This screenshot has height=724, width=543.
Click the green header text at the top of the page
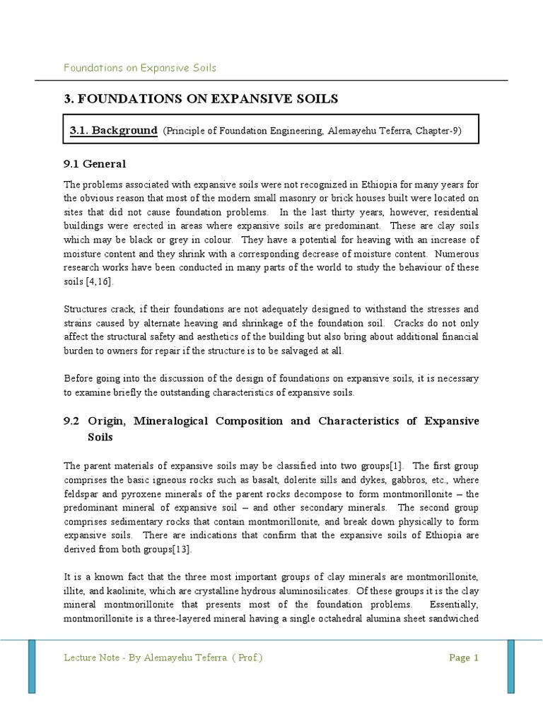click(140, 68)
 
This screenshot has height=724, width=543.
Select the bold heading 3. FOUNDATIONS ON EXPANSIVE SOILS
click(201, 99)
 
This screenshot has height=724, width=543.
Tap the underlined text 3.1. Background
click(113, 132)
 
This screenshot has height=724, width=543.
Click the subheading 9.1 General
click(95, 164)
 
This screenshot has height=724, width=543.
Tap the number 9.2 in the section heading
click(73, 421)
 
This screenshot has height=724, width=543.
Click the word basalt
click(253, 480)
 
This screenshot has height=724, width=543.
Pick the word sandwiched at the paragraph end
click(451, 619)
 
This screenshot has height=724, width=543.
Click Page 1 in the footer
click(464, 658)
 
